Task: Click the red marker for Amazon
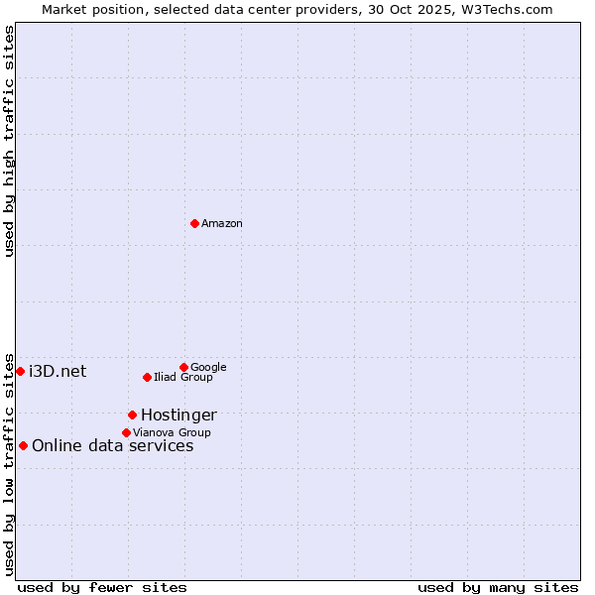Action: pos(194,223)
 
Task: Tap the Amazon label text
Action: pos(222,224)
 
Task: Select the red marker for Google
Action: pos(183,367)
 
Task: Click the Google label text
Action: pos(208,368)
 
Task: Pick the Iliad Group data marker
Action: pos(147,377)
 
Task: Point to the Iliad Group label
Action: pos(183,378)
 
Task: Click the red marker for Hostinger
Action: pos(132,415)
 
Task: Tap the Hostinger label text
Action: pos(178,416)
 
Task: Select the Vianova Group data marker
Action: pos(126,432)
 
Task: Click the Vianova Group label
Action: pos(172,433)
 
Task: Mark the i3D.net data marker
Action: pos(20,371)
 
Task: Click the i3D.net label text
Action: pos(58,372)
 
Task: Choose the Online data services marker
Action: pos(23,445)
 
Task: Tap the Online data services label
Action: pos(113,446)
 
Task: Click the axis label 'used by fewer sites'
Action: pos(102,587)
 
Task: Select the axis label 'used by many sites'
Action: pos(498,587)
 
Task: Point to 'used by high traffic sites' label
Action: pos(9,142)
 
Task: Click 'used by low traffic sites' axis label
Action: pos(9,463)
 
